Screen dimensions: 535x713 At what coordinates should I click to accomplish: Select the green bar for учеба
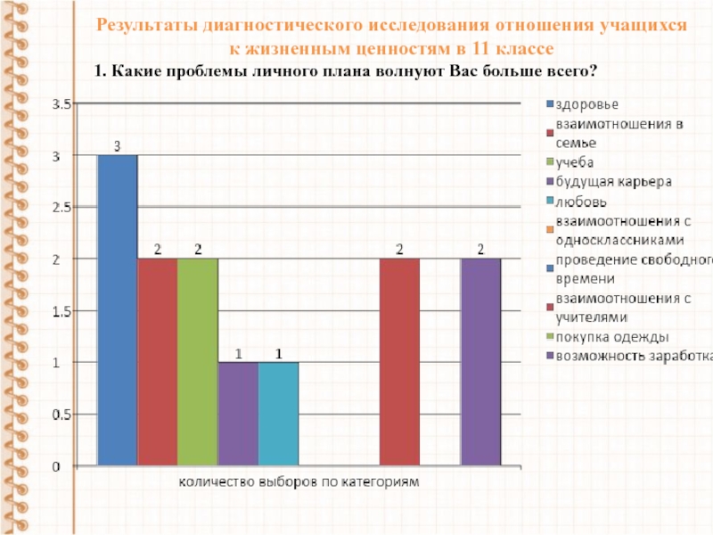point(197,362)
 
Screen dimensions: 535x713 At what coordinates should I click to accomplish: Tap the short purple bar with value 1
point(238,414)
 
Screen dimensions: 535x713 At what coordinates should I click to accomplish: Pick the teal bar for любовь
point(278,414)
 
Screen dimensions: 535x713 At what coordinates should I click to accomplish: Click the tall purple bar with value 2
point(480,362)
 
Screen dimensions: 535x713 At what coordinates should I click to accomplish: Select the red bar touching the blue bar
point(157,362)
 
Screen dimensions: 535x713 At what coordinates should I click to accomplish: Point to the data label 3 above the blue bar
point(117,145)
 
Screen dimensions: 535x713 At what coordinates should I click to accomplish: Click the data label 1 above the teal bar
point(279,353)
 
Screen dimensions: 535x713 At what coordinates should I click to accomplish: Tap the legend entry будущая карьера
point(612,182)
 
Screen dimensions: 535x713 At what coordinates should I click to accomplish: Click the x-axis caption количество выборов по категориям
point(299,482)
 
